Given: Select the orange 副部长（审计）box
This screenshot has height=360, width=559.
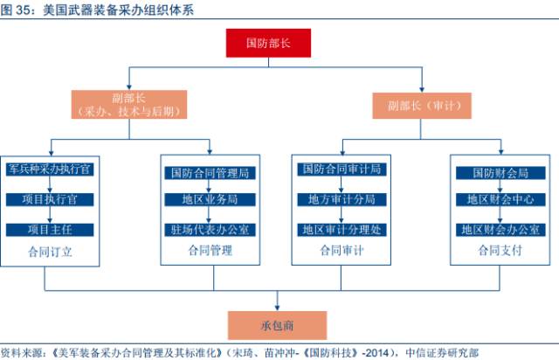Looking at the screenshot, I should point(424,106).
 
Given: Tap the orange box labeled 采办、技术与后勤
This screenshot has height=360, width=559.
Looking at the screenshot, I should point(131,105).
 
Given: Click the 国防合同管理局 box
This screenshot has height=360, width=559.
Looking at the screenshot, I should point(210,172).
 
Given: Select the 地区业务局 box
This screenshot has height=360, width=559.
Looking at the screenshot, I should point(210,200).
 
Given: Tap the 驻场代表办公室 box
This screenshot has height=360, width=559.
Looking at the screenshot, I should point(210,230).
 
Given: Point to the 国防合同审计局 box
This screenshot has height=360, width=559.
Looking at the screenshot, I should point(342,170).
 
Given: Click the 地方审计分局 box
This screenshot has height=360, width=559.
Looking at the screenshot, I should point(342,200).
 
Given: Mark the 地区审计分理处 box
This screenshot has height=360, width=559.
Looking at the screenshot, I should point(342,230).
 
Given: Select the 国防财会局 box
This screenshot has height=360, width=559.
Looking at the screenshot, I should point(500,172).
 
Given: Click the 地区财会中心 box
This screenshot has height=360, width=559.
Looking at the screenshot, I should point(500,200).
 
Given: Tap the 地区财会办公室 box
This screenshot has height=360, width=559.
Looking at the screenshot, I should point(500,230).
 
